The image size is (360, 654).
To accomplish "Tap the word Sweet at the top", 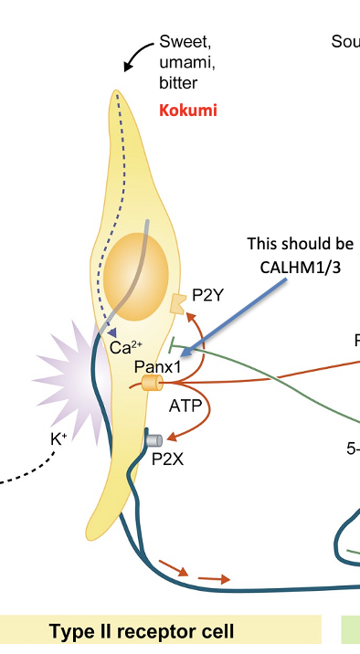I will coord(185,41).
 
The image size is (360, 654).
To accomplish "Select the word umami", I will coord(184,62).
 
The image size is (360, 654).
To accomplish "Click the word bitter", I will coord(178,83).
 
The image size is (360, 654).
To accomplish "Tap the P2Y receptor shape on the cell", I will coord(179,302).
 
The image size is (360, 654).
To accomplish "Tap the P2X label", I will coord(167,459).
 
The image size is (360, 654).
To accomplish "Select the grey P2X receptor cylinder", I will coord(154,441).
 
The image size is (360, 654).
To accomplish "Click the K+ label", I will coord(58,439).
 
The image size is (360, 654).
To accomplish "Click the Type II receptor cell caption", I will coord(142,631).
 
